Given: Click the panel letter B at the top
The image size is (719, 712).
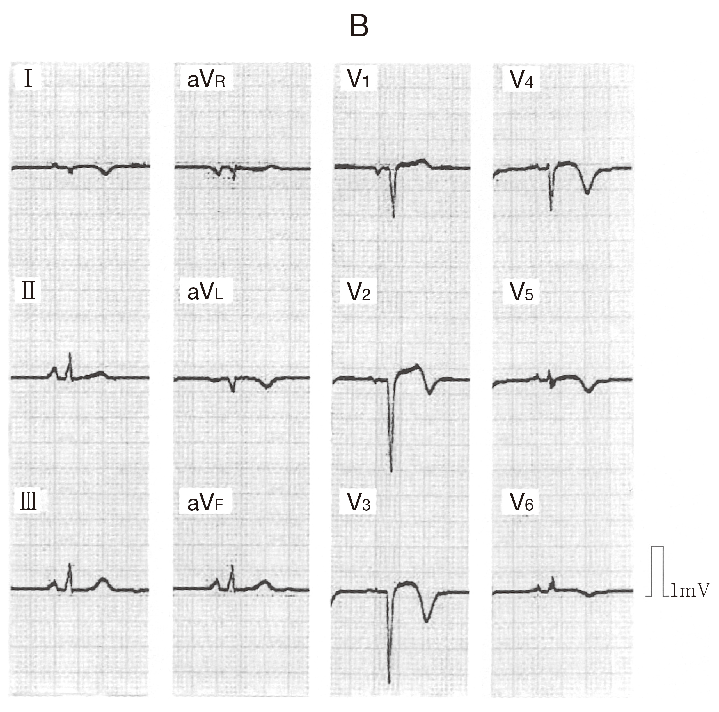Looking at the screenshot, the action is pos(359,26).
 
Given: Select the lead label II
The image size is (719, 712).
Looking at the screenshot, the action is pos(29,291).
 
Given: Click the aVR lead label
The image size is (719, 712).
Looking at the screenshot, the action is pos(206,79).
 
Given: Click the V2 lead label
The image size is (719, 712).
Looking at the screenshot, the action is pos(359,292).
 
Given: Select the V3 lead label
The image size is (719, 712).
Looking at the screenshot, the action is pos(359,502).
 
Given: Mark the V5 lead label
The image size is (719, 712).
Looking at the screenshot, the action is pos(521,292).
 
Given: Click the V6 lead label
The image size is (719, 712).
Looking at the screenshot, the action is pos(521,502).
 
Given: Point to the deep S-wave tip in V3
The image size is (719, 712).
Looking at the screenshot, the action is pos(389,683).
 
